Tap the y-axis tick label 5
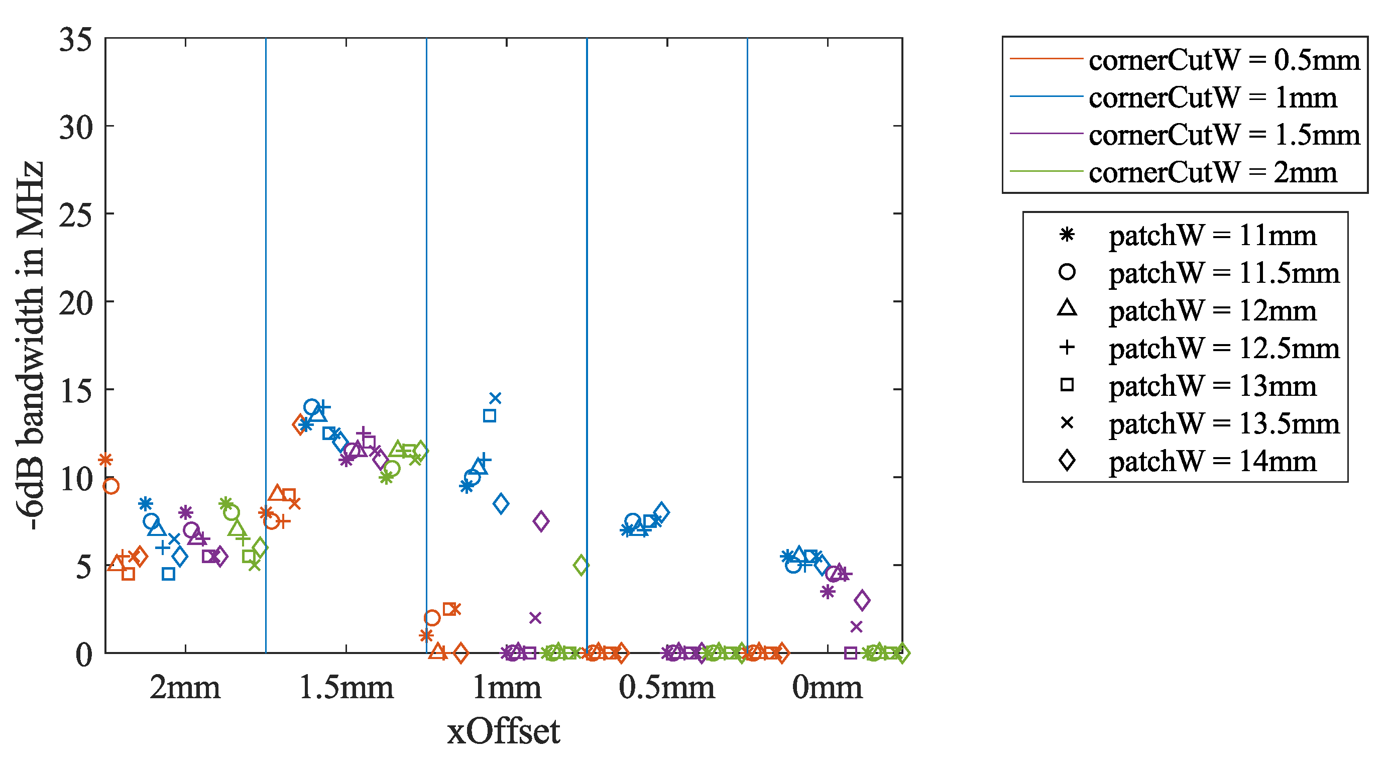(84, 567)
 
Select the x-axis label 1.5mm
(346, 688)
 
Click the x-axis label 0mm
(827, 688)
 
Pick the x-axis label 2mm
(185, 688)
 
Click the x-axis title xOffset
(504, 731)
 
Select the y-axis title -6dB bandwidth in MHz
(30, 346)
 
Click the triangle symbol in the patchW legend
(1067, 308)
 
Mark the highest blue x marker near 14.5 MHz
(495, 398)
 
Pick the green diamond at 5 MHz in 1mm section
(581, 565)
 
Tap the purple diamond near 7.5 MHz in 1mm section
(541, 521)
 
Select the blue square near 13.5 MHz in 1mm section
(490, 415)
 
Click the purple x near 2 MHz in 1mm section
(535, 617)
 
